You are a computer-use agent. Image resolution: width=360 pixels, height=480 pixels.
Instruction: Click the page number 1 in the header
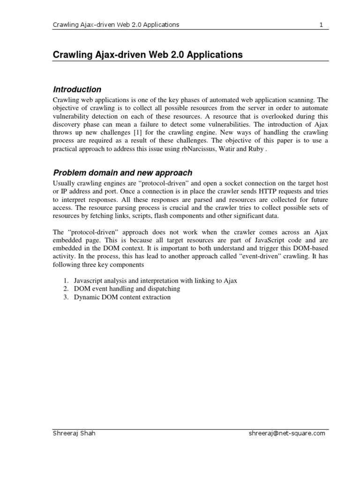322,24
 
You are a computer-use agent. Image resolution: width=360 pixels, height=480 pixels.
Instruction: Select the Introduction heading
77,89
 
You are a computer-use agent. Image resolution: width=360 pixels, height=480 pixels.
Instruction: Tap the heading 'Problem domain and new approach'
122,173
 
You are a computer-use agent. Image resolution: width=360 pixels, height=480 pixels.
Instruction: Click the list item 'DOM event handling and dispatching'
127,289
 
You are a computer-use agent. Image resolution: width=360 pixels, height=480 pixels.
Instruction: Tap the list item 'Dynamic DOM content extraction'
122,297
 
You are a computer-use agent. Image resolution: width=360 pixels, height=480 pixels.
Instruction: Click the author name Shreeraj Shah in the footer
74,433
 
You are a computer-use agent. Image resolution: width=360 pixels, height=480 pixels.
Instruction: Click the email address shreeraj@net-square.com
287,433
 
